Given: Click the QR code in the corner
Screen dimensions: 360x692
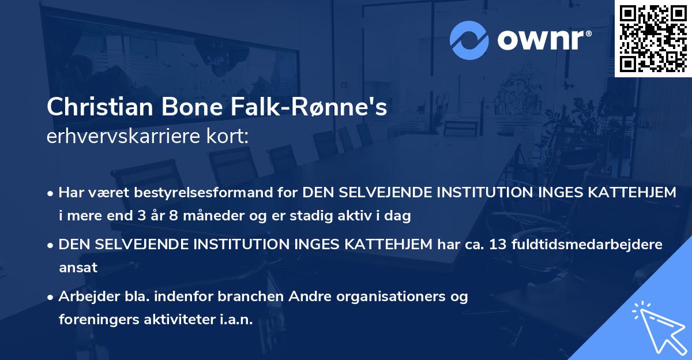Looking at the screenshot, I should tap(653, 38).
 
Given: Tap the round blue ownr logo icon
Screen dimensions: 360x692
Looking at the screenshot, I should tap(469, 40).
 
